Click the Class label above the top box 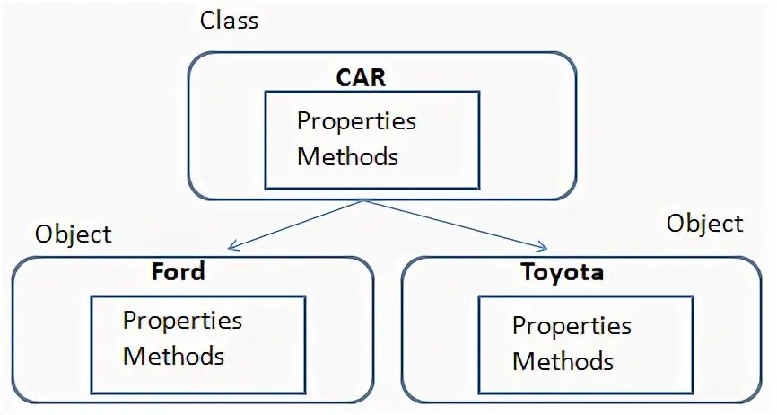click(229, 20)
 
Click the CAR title click(361, 77)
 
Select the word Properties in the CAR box click(356, 120)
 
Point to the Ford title click(178, 271)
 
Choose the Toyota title click(562, 272)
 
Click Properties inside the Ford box click(182, 320)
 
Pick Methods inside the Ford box click(173, 355)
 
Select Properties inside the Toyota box click(572, 325)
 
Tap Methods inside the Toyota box click(563, 361)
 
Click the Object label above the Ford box click(74, 234)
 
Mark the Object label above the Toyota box click(704, 223)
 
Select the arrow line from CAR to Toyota click(453, 223)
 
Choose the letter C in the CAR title click(345, 77)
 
